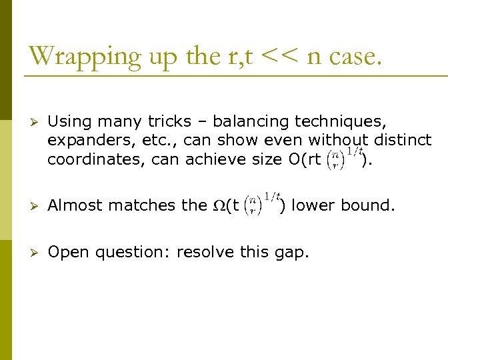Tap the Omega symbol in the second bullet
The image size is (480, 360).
218,206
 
